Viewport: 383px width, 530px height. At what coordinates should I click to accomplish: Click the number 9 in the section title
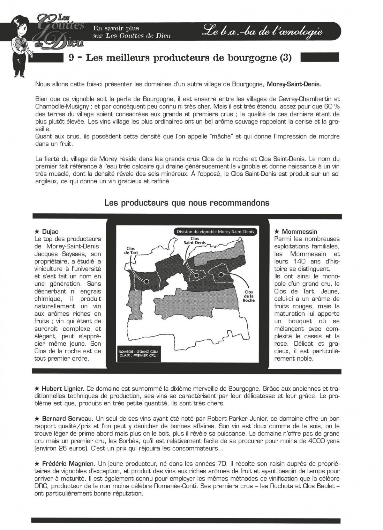pyautogui.click(x=72, y=58)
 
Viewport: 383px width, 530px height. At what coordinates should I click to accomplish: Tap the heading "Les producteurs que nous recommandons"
pyautogui.click(x=187, y=203)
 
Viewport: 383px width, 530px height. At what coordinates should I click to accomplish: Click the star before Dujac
pyautogui.click(x=37, y=232)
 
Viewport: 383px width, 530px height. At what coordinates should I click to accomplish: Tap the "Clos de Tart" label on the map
pyautogui.click(x=130, y=251)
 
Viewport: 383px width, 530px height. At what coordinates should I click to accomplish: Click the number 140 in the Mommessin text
pyautogui.click(x=296, y=261)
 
